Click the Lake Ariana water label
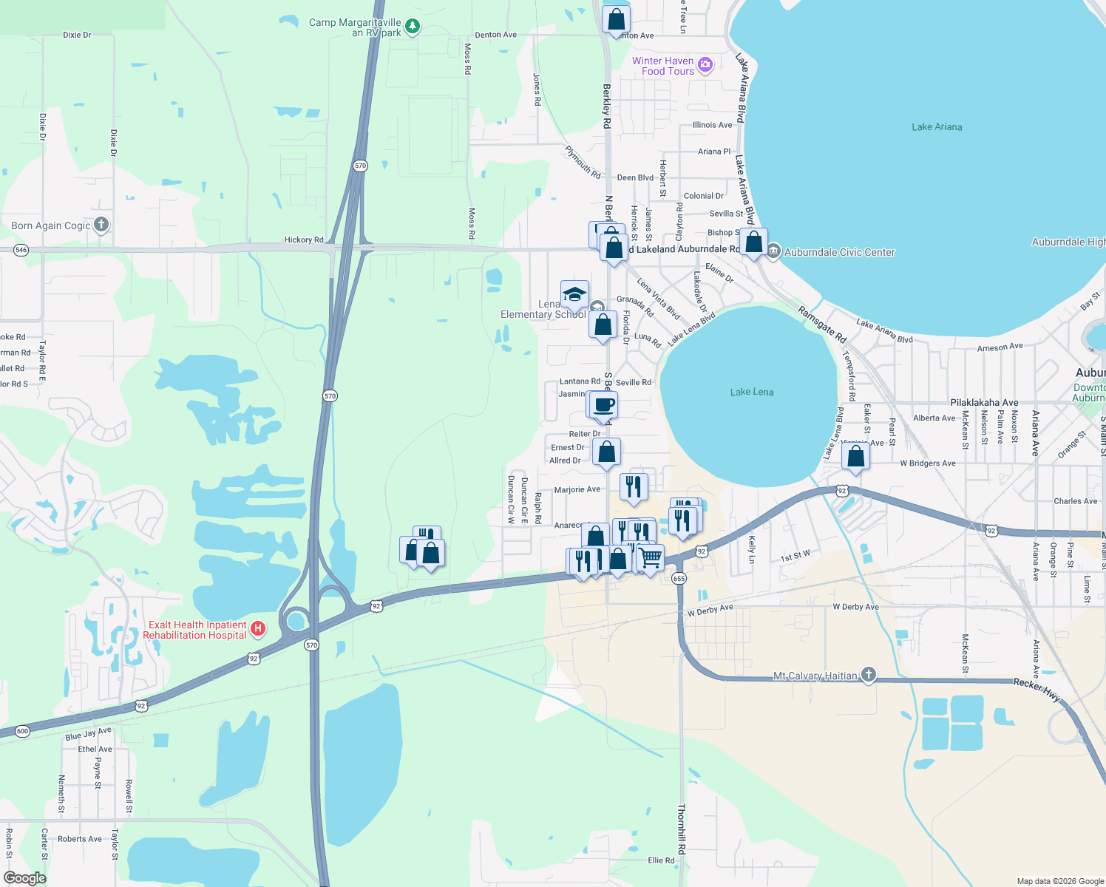click(937, 127)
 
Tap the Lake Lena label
click(752, 392)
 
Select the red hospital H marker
click(258, 629)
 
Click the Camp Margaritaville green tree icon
click(413, 27)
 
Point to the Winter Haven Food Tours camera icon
click(705, 64)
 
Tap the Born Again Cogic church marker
click(101, 225)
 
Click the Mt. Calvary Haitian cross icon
click(869, 674)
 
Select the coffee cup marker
click(604, 405)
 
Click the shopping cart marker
click(651, 557)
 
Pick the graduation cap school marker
click(574, 294)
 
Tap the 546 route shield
click(21, 250)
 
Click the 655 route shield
click(679, 579)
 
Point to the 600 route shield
click(22, 731)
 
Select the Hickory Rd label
click(304, 240)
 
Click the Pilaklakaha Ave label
click(984, 403)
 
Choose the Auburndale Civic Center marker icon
click(773, 251)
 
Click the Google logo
click(24, 878)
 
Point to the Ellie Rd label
click(661, 860)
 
